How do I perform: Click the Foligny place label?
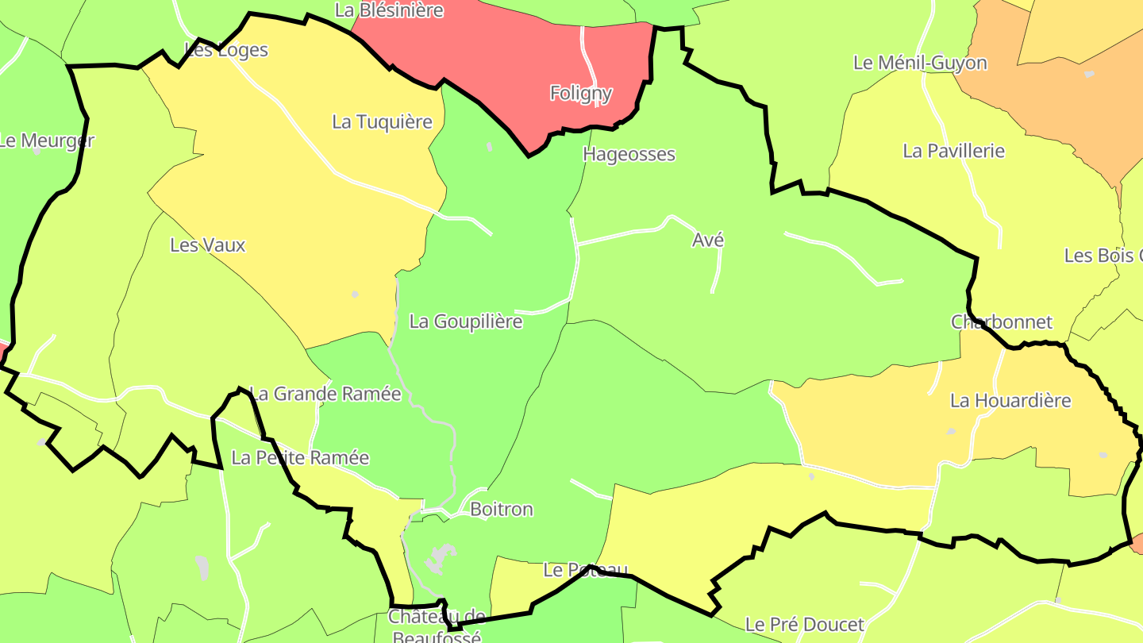click(x=581, y=94)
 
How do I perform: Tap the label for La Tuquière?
click(x=382, y=122)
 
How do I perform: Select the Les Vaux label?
click(x=208, y=245)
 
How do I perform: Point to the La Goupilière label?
click(x=466, y=321)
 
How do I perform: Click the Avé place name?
click(x=708, y=241)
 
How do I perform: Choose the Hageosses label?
click(x=629, y=155)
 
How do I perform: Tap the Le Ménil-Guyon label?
click(x=920, y=63)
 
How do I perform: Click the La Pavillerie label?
click(x=954, y=151)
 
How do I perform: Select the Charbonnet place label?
click(x=1002, y=322)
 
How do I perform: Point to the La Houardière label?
click(x=1010, y=401)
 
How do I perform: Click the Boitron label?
click(x=502, y=510)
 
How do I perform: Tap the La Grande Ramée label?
click(x=325, y=394)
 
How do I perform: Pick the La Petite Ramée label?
click(x=300, y=458)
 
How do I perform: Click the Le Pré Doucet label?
click(x=804, y=625)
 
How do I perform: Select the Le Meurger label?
click(x=46, y=141)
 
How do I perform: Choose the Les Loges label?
click(x=226, y=50)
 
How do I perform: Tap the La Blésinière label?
click(x=389, y=10)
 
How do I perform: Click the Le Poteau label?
click(x=586, y=570)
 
